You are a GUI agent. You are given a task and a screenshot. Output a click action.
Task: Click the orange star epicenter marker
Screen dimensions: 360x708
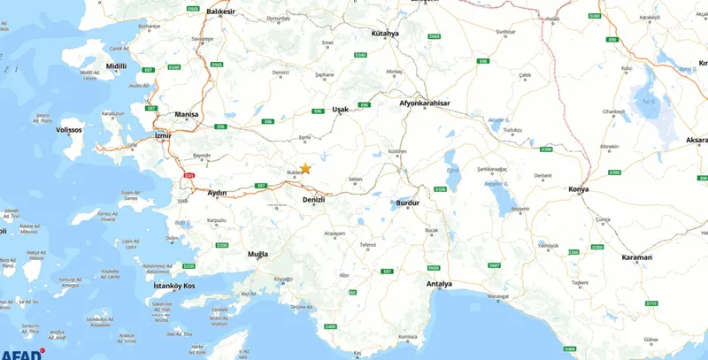(305, 168)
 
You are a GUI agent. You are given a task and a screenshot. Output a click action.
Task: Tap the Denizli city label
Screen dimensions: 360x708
(314, 200)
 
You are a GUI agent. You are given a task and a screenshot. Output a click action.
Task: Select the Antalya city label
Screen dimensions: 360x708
(440, 284)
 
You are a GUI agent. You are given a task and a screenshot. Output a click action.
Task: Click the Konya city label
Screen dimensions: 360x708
(579, 190)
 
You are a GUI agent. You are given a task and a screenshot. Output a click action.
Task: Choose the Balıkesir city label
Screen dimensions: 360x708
(221, 11)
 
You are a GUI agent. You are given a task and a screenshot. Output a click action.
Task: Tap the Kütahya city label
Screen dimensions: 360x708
(386, 33)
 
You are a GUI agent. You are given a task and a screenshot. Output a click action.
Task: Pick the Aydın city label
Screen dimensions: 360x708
(217, 193)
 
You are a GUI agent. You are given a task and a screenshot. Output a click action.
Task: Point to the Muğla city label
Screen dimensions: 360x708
(258, 254)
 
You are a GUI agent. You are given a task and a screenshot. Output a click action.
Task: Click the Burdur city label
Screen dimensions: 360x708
(407, 203)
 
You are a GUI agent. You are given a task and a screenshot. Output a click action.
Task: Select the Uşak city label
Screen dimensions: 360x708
(341, 110)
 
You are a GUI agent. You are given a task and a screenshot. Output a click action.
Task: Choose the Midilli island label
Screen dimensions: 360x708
(92, 66)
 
